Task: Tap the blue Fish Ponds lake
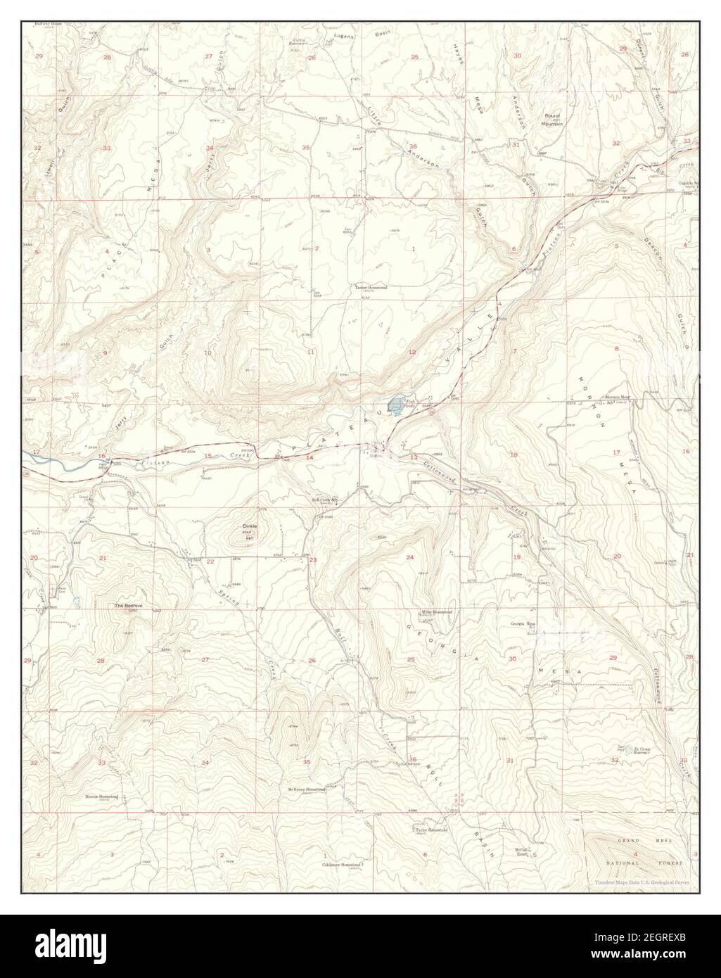click(397, 405)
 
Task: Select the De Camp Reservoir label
click(632, 750)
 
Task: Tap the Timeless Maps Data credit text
click(642, 882)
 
